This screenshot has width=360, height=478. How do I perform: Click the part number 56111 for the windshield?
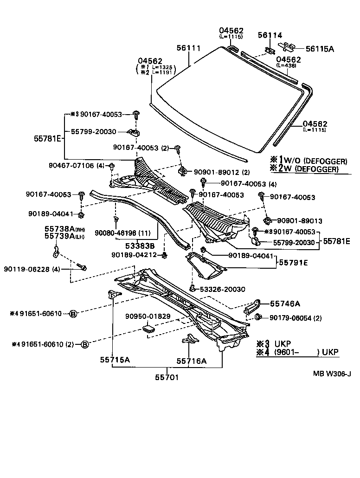(188, 48)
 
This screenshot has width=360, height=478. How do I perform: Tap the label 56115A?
(319, 48)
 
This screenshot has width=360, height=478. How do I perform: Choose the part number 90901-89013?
(299, 221)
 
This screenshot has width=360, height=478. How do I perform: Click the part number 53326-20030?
(222, 289)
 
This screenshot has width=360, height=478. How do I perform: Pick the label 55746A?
(285, 304)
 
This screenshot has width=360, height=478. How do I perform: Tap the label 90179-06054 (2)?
(296, 318)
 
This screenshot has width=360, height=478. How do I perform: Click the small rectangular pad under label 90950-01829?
(149, 329)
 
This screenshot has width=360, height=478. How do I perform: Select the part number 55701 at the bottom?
(166, 377)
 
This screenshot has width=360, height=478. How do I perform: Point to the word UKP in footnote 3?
(282, 344)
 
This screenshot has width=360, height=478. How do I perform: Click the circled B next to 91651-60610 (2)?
(84, 344)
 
